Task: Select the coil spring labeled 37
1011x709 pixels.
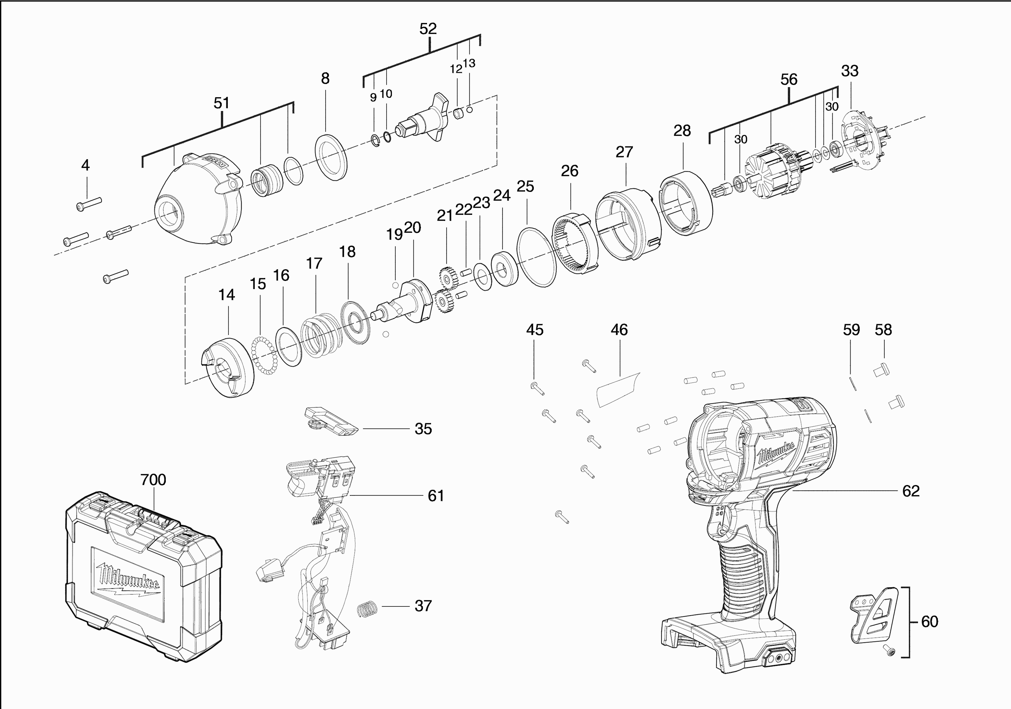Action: (x=367, y=609)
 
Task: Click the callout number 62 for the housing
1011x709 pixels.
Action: (x=911, y=491)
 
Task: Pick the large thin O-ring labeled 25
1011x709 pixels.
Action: (x=536, y=257)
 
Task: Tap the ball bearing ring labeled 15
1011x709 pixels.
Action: (x=264, y=356)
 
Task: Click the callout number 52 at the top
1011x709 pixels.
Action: (x=428, y=29)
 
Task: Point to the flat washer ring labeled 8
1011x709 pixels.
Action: (x=331, y=157)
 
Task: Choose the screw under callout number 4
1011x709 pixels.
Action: (x=89, y=204)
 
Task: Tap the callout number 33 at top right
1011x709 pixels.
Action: (x=849, y=71)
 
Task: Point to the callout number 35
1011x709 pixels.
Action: (x=423, y=429)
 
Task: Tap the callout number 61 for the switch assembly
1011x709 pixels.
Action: (x=435, y=496)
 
